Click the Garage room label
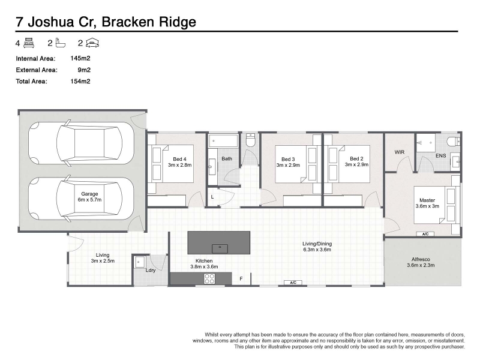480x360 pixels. coord(89,194)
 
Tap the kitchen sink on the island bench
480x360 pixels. coord(220,248)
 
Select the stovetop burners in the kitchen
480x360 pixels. coord(209,278)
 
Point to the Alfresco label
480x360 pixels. coord(421,259)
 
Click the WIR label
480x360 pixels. coord(399,152)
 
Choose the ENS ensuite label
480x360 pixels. coord(440,155)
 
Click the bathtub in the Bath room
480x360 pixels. coord(223,141)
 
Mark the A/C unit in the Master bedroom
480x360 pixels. coord(425,234)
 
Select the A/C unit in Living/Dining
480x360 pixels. coord(293,283)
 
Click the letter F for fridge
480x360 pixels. coord(241,278)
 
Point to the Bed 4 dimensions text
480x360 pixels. coord(179,165)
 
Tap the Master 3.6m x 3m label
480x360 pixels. coord(427,203)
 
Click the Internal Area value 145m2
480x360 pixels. coord(80,58)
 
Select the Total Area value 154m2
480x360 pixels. coord(80,81)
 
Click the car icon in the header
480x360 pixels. coord(92,43)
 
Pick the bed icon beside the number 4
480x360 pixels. coord(29,43)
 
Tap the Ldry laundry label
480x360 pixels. coord(151,271)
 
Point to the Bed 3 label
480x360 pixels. coord(288,159)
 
